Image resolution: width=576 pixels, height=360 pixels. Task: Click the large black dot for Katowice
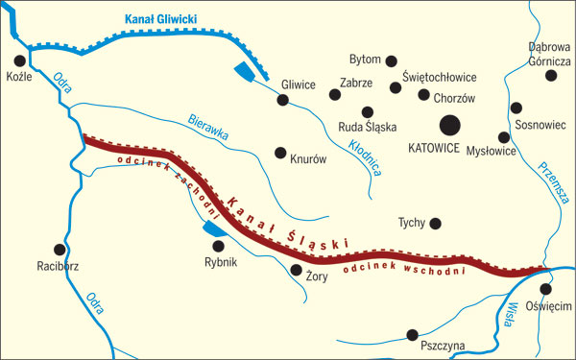(449, 125)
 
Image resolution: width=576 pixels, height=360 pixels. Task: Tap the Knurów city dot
(280, 153)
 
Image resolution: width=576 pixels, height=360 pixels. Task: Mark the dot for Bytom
(391, 60)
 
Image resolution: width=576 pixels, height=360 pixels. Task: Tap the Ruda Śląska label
(368, 126)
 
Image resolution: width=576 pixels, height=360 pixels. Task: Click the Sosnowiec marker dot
(516, 108)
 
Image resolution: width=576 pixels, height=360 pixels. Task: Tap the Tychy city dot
(435, 224)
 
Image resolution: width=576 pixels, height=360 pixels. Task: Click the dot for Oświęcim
(545, 289)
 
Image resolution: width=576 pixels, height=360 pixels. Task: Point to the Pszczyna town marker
(413, 335)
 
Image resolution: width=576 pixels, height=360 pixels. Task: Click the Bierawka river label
(208, 131)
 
